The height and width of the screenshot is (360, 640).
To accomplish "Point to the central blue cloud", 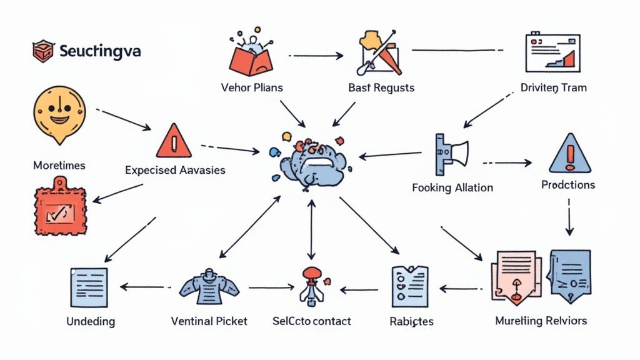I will click(x=310, y=162).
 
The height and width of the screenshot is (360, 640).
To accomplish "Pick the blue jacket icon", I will click(x=209, y=287).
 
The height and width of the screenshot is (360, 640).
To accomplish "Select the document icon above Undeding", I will click(x=89, y=287).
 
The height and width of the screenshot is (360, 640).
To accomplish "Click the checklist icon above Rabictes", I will click(x=409, y=287).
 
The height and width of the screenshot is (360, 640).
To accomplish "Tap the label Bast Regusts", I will click(x=381, y=88).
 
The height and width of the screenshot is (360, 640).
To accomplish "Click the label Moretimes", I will click(x=59, y=166).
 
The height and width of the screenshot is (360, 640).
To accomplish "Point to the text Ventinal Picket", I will click(x=209, y=321).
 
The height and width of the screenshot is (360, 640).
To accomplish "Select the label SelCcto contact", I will click(x=312, y=321).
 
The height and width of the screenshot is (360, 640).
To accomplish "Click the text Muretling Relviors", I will click(x=541, y=321).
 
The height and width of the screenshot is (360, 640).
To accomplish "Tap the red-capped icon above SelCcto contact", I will click(x=311, y=284).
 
